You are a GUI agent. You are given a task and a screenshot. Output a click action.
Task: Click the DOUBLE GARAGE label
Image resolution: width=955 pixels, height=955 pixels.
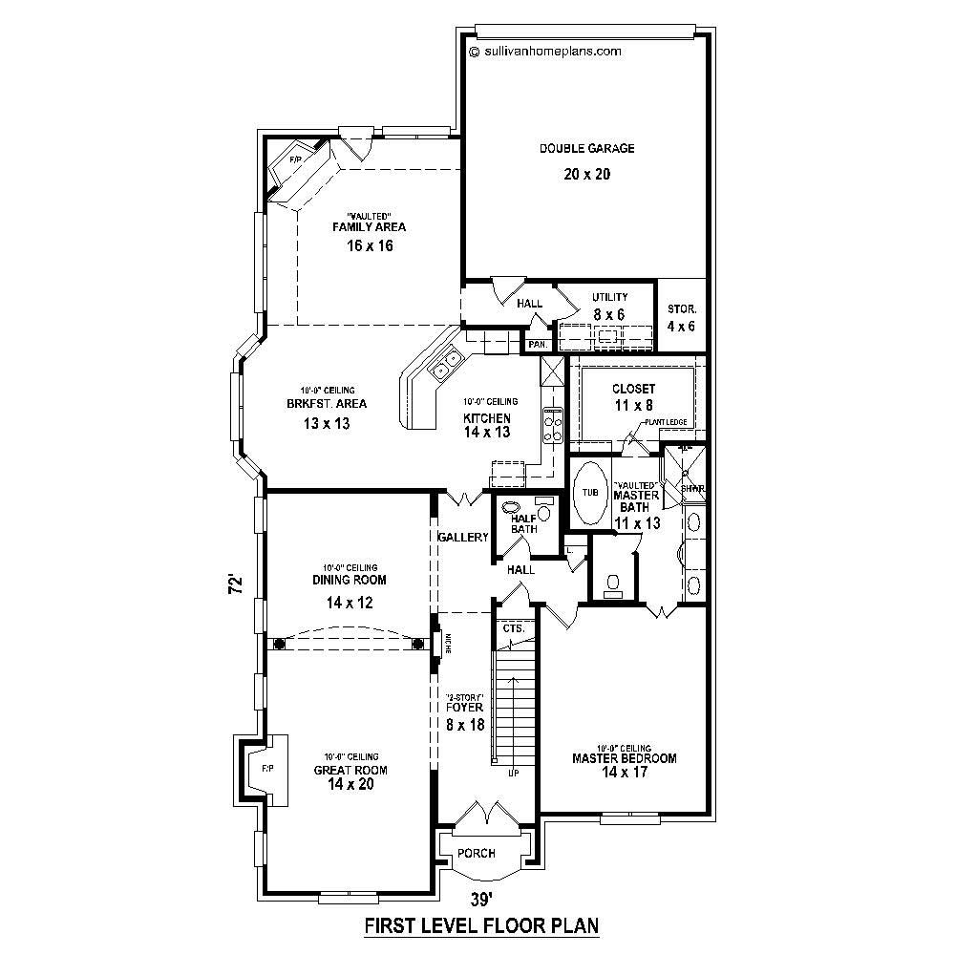click(586, 148)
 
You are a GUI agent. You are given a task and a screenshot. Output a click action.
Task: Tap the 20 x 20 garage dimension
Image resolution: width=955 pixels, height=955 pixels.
click(586, 174)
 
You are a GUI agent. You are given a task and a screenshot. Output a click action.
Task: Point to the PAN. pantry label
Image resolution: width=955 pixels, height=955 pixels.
click(538, 344)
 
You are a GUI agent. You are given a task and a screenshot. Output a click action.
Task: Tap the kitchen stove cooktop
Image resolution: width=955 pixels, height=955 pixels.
click(553, 423)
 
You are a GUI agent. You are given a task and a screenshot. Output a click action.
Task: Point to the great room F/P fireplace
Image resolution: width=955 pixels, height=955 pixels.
click(267, 768)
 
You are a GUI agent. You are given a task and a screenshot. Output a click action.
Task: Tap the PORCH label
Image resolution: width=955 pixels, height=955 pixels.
click(476, 853)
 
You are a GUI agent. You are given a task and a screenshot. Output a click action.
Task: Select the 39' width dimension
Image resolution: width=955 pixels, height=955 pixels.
click(481, 899)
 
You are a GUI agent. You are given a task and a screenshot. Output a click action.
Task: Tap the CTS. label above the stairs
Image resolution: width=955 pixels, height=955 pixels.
click(514, 628)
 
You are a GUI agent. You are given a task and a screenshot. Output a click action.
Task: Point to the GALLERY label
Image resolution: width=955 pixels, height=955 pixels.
click(462, 538)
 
